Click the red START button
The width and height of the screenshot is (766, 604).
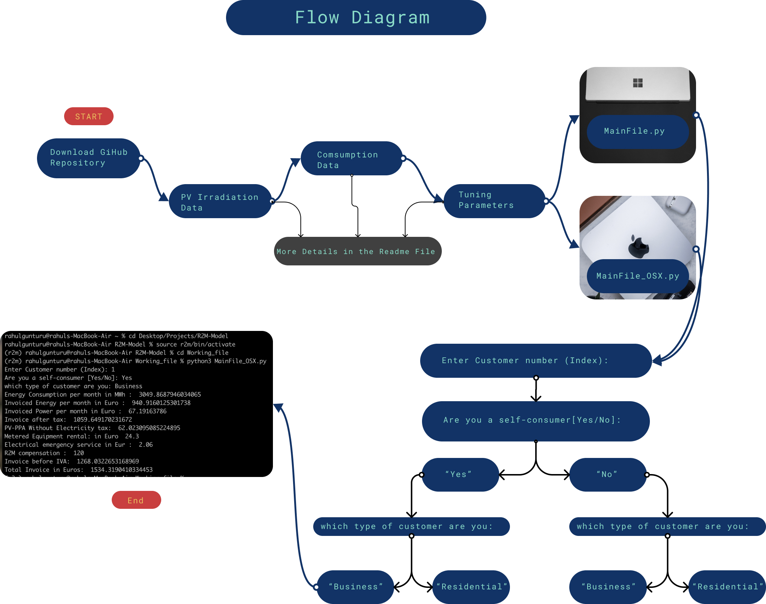point(89,116)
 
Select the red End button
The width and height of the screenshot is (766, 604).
point(136,500)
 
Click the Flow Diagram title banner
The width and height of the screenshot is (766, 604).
point(356,18)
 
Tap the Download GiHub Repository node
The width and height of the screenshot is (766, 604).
point(89,158)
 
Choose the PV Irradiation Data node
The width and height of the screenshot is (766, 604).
point(220,202)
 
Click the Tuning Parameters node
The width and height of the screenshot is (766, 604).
point(494,201)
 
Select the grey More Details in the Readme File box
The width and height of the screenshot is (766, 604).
point(358,251)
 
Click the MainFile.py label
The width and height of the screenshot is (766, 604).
point(637,131)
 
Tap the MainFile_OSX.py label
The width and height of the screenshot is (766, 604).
point(637,276)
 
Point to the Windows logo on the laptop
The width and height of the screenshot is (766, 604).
point(638,83)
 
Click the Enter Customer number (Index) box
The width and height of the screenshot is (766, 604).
point(535,361)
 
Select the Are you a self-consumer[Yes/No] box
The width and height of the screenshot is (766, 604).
point(535,421)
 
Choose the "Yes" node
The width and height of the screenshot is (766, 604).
point(460,474)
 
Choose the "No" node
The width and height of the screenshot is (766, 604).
point(608,474)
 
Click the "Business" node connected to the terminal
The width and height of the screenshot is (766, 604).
point(355,587)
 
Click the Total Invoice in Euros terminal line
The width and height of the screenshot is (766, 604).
point(78,470)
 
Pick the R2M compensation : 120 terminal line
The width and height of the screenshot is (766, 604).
point(44,453)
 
